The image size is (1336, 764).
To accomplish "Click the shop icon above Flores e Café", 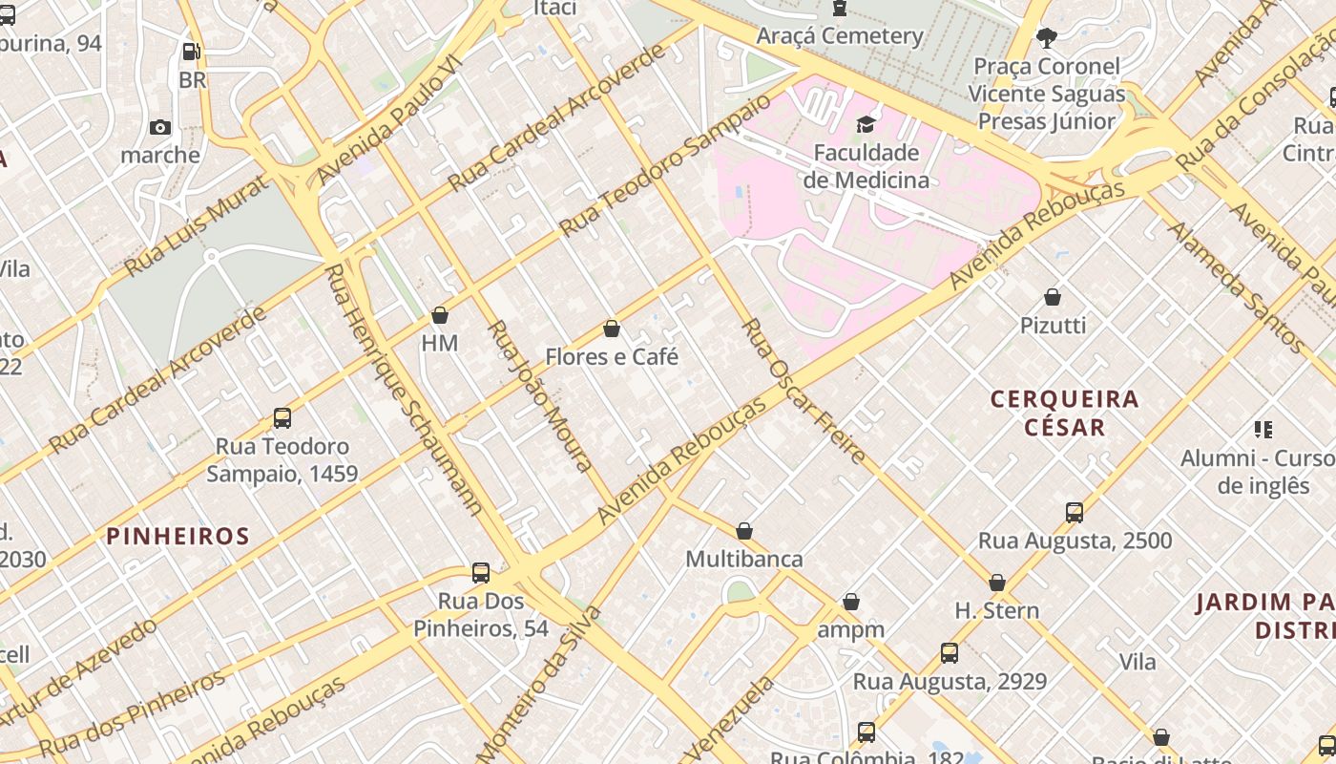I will (612, 329).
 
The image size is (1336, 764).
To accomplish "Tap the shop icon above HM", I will (440, 315).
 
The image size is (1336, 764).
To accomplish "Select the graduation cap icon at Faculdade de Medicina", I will (866, 124).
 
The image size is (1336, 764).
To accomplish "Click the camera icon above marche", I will (160, 128).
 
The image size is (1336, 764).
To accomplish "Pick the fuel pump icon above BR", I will (192, 52).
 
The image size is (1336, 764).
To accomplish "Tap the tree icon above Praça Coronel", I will (1047, 38).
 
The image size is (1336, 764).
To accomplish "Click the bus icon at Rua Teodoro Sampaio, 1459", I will (282, 418).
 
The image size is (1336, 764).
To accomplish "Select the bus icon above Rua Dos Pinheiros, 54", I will (481, 573).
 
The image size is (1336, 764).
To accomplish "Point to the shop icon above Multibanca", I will (744, 531).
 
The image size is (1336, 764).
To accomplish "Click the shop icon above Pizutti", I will (1053, 297).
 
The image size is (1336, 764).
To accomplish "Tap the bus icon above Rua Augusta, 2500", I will (1075, 513).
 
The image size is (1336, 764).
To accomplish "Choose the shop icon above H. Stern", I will (997, 583).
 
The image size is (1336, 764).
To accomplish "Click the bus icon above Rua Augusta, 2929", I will (950, 653).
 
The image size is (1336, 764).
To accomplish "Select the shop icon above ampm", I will (851, 602).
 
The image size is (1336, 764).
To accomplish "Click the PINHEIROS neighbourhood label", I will (177, 537).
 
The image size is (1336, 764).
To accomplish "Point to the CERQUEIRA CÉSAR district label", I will (1065, 413).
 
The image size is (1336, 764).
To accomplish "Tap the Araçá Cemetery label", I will (840, 36).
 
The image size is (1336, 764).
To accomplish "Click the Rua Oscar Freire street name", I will (804, 392).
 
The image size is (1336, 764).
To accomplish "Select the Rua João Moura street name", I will (540, 395).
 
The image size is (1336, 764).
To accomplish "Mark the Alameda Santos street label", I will (1236, 286).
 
